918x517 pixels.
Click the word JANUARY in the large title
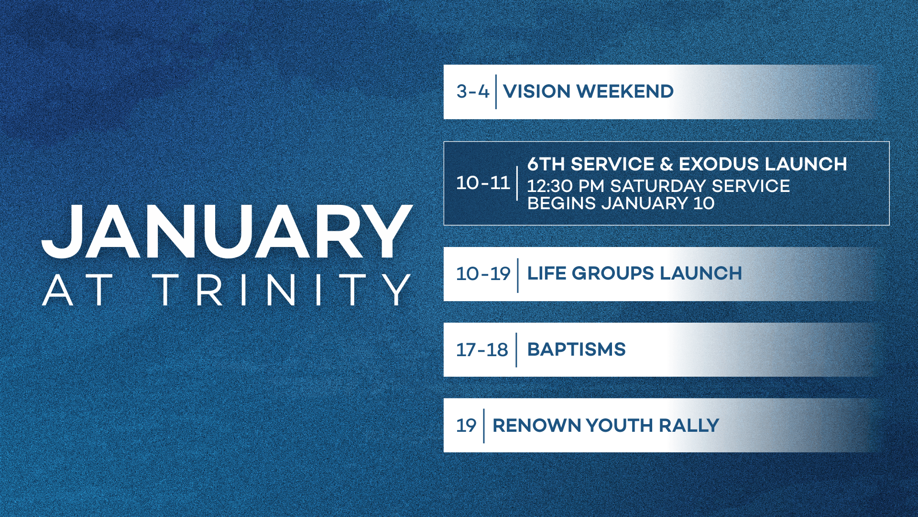(227, 232)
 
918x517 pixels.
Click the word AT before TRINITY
(77, 290)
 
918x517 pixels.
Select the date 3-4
(472, 91)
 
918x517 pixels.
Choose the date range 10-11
(483, 183)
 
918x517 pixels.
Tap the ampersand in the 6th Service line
(666, 164)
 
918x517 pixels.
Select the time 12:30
(550, 186)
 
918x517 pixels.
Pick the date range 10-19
(483, 274)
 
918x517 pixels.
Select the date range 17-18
(482, 350)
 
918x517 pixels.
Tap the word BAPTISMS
(576, 349)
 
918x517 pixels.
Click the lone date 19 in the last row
(466, 426)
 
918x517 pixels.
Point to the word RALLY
(689, 426)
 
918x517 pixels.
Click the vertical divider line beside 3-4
(496, 91)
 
